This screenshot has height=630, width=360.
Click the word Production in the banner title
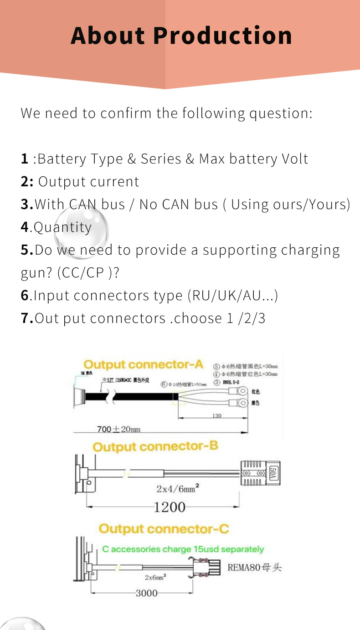[222, 36]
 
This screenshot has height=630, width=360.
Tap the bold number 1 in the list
[25, 159]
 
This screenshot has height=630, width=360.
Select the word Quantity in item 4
[63, 227]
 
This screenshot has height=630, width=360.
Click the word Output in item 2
[57, 182]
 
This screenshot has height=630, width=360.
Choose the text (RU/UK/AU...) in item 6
[232, 296]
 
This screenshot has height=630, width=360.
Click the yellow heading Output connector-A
[143, 365]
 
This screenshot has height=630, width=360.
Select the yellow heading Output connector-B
[155, 447]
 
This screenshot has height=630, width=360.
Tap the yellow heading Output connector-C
[164, 529]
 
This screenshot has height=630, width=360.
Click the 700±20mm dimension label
[118, 429]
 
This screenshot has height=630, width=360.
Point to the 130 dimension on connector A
[217, 416]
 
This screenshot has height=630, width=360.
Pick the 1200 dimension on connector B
[170, 507]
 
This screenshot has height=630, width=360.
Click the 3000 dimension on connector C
[146, 593]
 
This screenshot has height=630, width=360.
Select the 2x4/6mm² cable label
[178, 489]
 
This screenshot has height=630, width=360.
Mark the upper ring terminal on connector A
[242, 390]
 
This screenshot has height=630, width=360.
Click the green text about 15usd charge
[183, 549]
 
